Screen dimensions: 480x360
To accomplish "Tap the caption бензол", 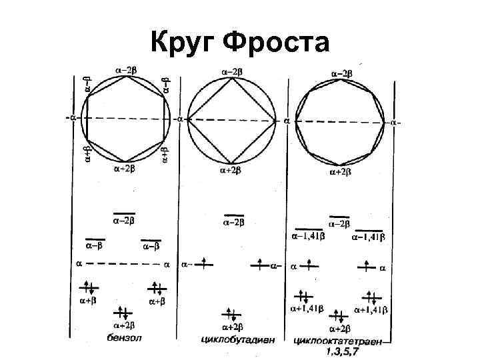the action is click(x=125, y=338).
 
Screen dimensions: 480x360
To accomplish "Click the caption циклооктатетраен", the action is click(x=337, y=340).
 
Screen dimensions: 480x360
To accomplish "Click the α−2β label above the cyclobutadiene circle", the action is click(x=232, y=71).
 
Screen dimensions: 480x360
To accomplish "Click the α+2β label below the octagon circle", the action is click(x=341, y=173).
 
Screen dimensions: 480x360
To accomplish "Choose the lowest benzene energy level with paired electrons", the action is click(x=123, y=313).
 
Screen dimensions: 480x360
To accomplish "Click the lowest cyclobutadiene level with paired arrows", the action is click(x=231, y=313).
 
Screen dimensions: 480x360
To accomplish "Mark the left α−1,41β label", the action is click(x=308, y=235).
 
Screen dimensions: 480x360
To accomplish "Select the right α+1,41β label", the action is click(x=371, y=310).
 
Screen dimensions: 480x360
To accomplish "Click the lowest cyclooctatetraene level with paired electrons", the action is click(x=339, y=316).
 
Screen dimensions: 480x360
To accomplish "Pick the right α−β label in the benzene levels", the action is click(x=151, y=246).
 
